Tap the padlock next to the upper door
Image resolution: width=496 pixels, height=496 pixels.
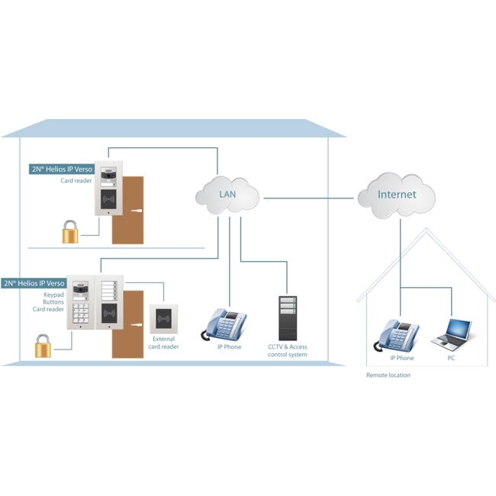[x=71, y=232]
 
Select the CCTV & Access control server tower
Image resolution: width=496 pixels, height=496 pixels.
[x=287, y=317]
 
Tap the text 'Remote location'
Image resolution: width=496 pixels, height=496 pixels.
[x=388, y=375]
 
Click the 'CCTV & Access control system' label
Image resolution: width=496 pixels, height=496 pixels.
[x=288, y=351]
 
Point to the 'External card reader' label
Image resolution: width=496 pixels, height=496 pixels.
[x=164, y=343]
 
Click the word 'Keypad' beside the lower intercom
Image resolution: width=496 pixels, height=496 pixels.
[x=53, y=293]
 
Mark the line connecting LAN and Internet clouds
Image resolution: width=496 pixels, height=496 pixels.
[x=311, y=198]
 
